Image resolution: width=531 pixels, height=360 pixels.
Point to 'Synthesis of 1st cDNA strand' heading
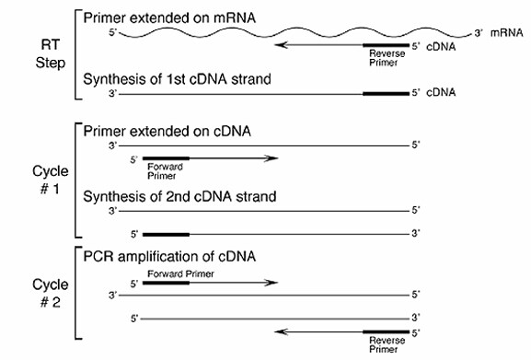click(177, 79)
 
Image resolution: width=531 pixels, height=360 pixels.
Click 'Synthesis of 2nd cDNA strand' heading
click(179, 196)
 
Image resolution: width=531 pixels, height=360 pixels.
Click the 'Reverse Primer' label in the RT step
click(382, 58)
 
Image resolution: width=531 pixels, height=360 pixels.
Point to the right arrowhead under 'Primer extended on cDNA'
click(272, 158)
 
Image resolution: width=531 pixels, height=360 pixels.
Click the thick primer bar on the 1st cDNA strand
click(386, 93)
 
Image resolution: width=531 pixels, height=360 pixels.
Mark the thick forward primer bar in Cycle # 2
click(166, 283)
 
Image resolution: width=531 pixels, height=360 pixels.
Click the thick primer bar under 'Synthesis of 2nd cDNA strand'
click(166, 234)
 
